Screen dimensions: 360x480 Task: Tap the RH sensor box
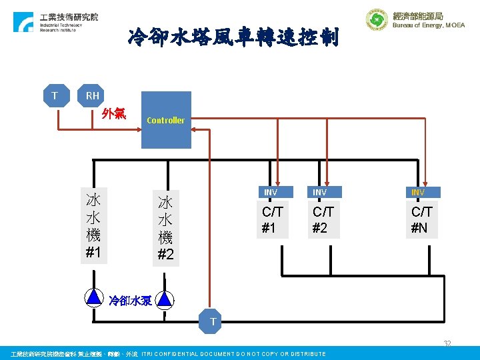tap(92, 96)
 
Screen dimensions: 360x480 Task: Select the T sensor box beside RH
tap(55, 96)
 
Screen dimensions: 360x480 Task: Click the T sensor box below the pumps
tap(213, 322)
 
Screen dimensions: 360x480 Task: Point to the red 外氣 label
tap(114, 113)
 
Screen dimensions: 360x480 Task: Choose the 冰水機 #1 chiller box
tap(93, 226)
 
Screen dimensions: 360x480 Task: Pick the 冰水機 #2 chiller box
tap(165, 228)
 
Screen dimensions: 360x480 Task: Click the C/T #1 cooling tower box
tap(271, 220)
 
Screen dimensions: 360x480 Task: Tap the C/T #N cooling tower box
tap(421, 220)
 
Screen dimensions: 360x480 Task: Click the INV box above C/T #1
tap(271, 192)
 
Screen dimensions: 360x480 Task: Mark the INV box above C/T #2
tap(320, 192)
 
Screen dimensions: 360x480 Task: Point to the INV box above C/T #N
tap(418, 192)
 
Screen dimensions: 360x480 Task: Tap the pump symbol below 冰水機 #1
tap(94, 297)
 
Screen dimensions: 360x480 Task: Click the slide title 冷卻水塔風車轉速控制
tap(233, 37)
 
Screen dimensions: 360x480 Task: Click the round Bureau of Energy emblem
tap(377, 20)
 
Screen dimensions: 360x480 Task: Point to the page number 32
tap(447, 343)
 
